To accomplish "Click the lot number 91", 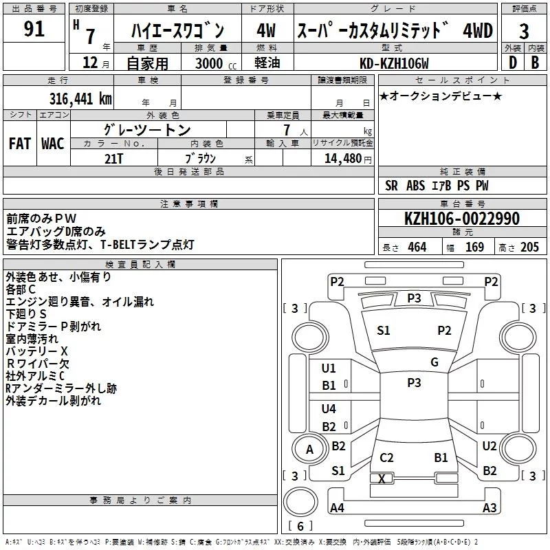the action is (x=34, y=29).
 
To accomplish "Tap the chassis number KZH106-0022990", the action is (x=461, y=219).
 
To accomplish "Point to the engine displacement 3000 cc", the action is (x=209, y=64).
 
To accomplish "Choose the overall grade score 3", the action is (x=524, y=31).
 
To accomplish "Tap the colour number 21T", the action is (x=114, y=157).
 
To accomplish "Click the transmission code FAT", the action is (x=19, y=143).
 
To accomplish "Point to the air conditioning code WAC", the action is (x=52, y=143).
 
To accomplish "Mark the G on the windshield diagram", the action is (x=434, y=362).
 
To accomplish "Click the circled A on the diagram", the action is (x=309, y=450).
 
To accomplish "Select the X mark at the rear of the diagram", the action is (x=382, y=478).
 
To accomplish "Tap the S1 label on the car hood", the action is (x=383, y=331).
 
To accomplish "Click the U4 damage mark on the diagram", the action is (x=329, y=408).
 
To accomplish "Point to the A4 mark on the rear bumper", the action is (x=337, y=508).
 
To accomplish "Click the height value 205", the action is (x=530, y=247).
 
